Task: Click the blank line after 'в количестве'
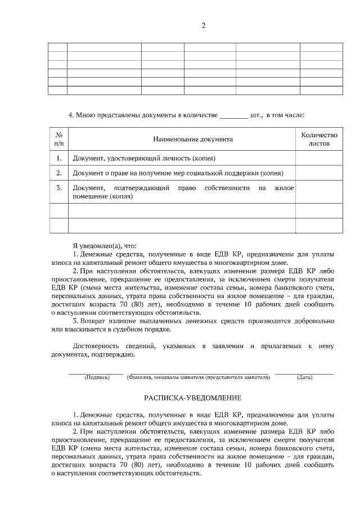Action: [233, 116]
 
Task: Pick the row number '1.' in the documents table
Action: [59, 159]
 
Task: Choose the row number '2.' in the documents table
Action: [59, 173]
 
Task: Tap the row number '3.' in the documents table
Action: [59, 187]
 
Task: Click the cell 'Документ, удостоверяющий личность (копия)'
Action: [144, 159]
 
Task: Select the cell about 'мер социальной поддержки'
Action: [178, 173]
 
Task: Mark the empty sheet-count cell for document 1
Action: [319, 159]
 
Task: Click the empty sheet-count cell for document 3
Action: [319, 192]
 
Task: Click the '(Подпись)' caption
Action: [96, 377]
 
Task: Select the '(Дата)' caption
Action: [304, 377]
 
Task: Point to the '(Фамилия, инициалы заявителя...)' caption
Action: [199, 377]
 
